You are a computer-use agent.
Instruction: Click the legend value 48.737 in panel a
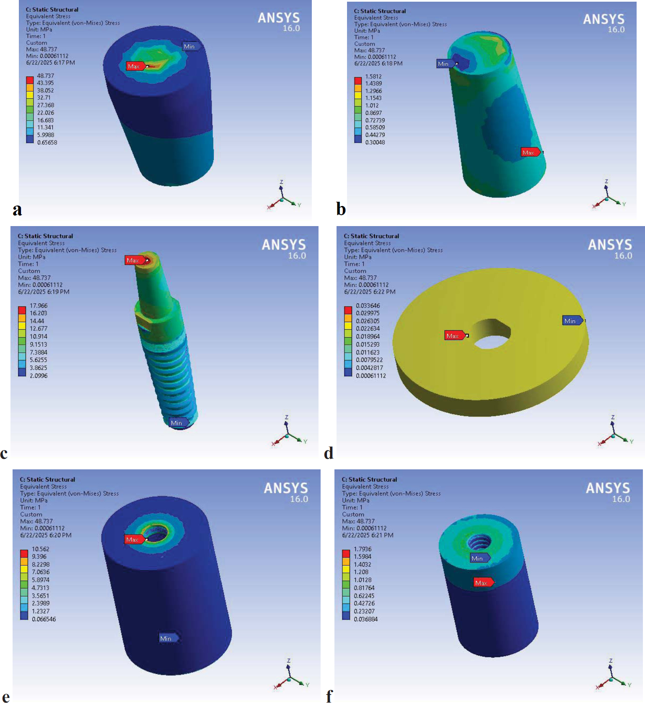coord(45,76)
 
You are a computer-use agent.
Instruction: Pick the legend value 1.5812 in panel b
coord(373,76)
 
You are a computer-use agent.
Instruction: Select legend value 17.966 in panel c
coord(39,306)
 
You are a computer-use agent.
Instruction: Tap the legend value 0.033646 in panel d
coord(368,306)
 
